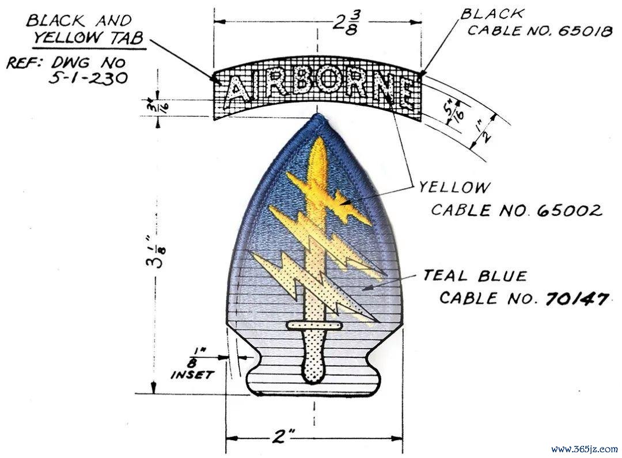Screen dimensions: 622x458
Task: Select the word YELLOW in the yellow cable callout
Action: coord(454,187)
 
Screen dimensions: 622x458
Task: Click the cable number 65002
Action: coord(570,211)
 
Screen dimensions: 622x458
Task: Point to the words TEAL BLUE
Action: coord(475,276)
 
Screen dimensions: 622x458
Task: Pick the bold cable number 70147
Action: coord(577,299)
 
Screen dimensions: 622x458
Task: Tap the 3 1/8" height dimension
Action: coord(157,252)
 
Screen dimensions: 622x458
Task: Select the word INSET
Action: coord(192,375)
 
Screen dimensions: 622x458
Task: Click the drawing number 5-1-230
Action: coord(89,78)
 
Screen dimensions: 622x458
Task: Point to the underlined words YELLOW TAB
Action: coord(88,38)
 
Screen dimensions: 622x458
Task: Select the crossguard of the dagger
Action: coord(314,325)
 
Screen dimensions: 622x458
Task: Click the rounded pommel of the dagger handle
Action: coord(314,372)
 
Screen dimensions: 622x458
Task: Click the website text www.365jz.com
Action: coord(585,449)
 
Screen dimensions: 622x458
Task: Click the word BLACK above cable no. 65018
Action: coord(491,14)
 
